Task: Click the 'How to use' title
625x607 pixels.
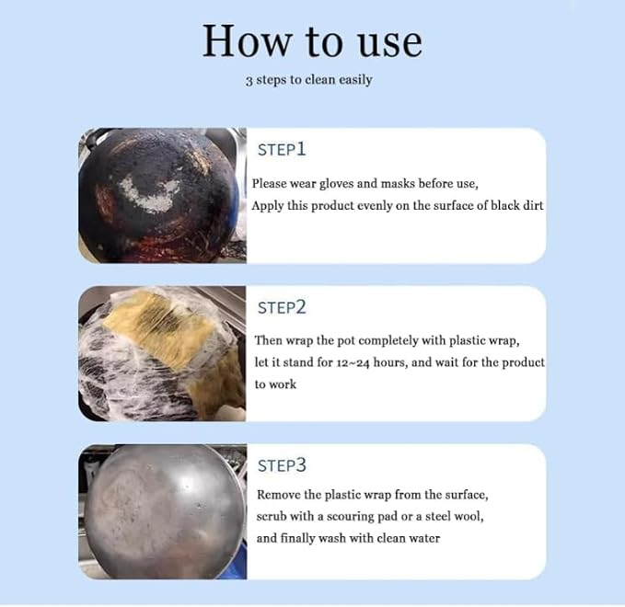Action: [x=312, y=41]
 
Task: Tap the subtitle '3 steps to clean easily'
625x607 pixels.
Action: [x=309, y=80]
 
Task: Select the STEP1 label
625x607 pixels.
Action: [x=282, y=149]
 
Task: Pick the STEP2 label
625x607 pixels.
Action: [x=282, y=307]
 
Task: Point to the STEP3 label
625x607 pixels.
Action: [x=282, y=465]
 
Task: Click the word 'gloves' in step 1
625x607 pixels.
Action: [x=336, y=184]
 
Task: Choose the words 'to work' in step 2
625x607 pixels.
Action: [x=275, y=384]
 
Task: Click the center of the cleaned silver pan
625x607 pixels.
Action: [x=164, y=511]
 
